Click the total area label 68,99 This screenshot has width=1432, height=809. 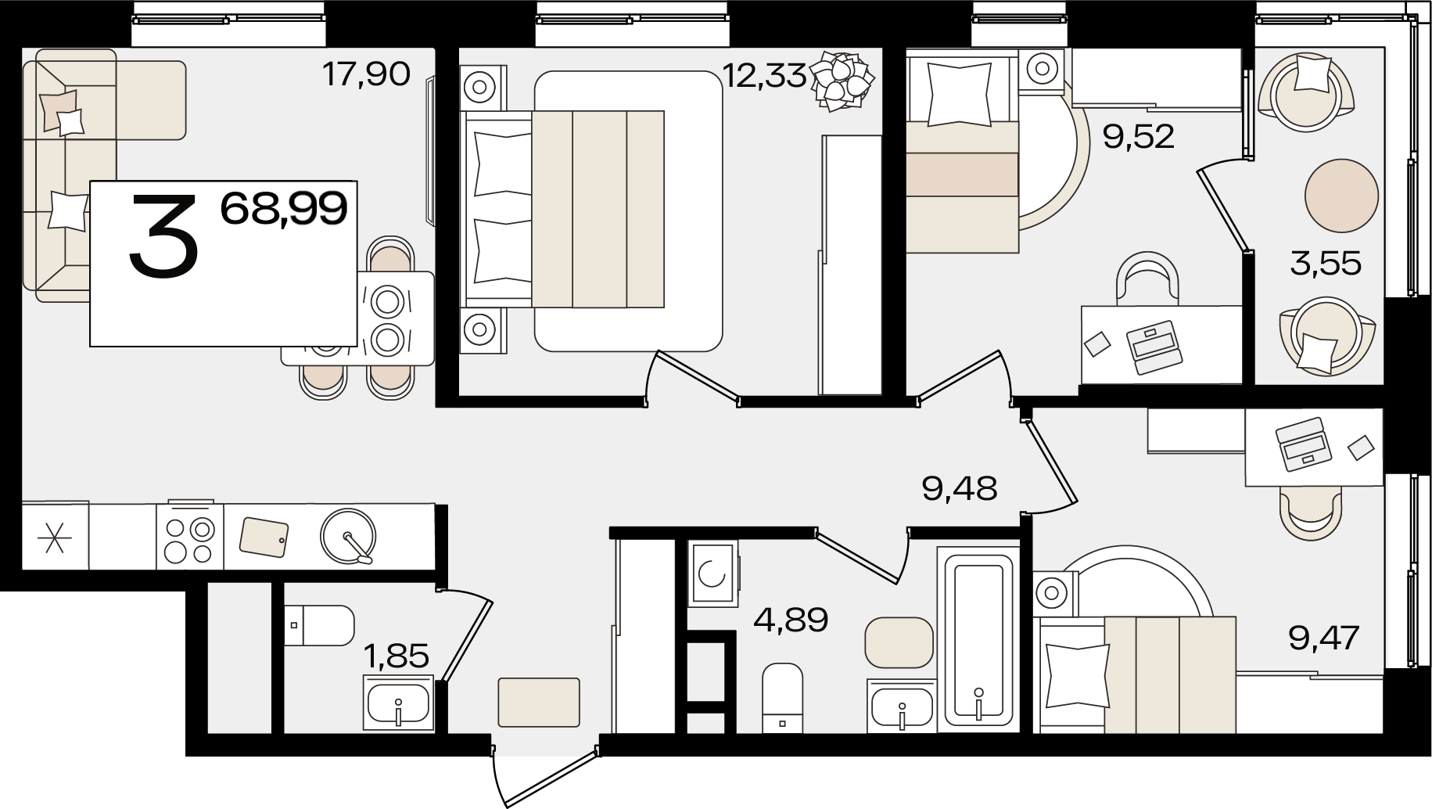coord(284,209)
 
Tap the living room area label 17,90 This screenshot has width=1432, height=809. coord(366,75)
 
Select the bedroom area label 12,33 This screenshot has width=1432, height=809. coord(763,77)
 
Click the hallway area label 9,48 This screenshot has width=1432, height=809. coord(960,490)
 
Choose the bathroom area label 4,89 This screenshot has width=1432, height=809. coord(791,621)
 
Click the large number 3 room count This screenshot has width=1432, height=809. coord(163,235)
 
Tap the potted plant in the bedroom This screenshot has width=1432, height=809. coord(842,78)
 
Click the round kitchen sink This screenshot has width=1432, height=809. coord(348,536)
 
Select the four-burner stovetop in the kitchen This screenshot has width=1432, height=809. coord(190,537)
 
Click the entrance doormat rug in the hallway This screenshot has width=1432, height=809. coord(539,701)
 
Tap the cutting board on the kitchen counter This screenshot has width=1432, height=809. coord(264,536)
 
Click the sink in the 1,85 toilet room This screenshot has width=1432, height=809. coord(399,702)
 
